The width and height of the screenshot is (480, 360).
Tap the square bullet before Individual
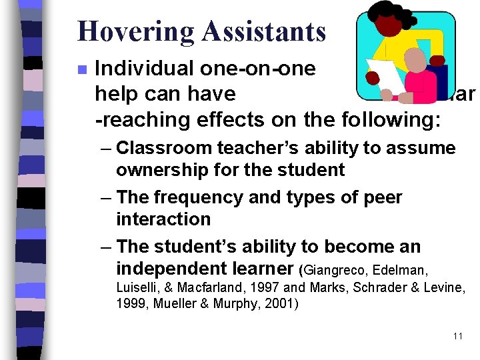click(x=81, y=69)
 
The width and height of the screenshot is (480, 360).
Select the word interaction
click(x=163, y=219)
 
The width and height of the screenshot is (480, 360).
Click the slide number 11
click(x=457, y=336)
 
